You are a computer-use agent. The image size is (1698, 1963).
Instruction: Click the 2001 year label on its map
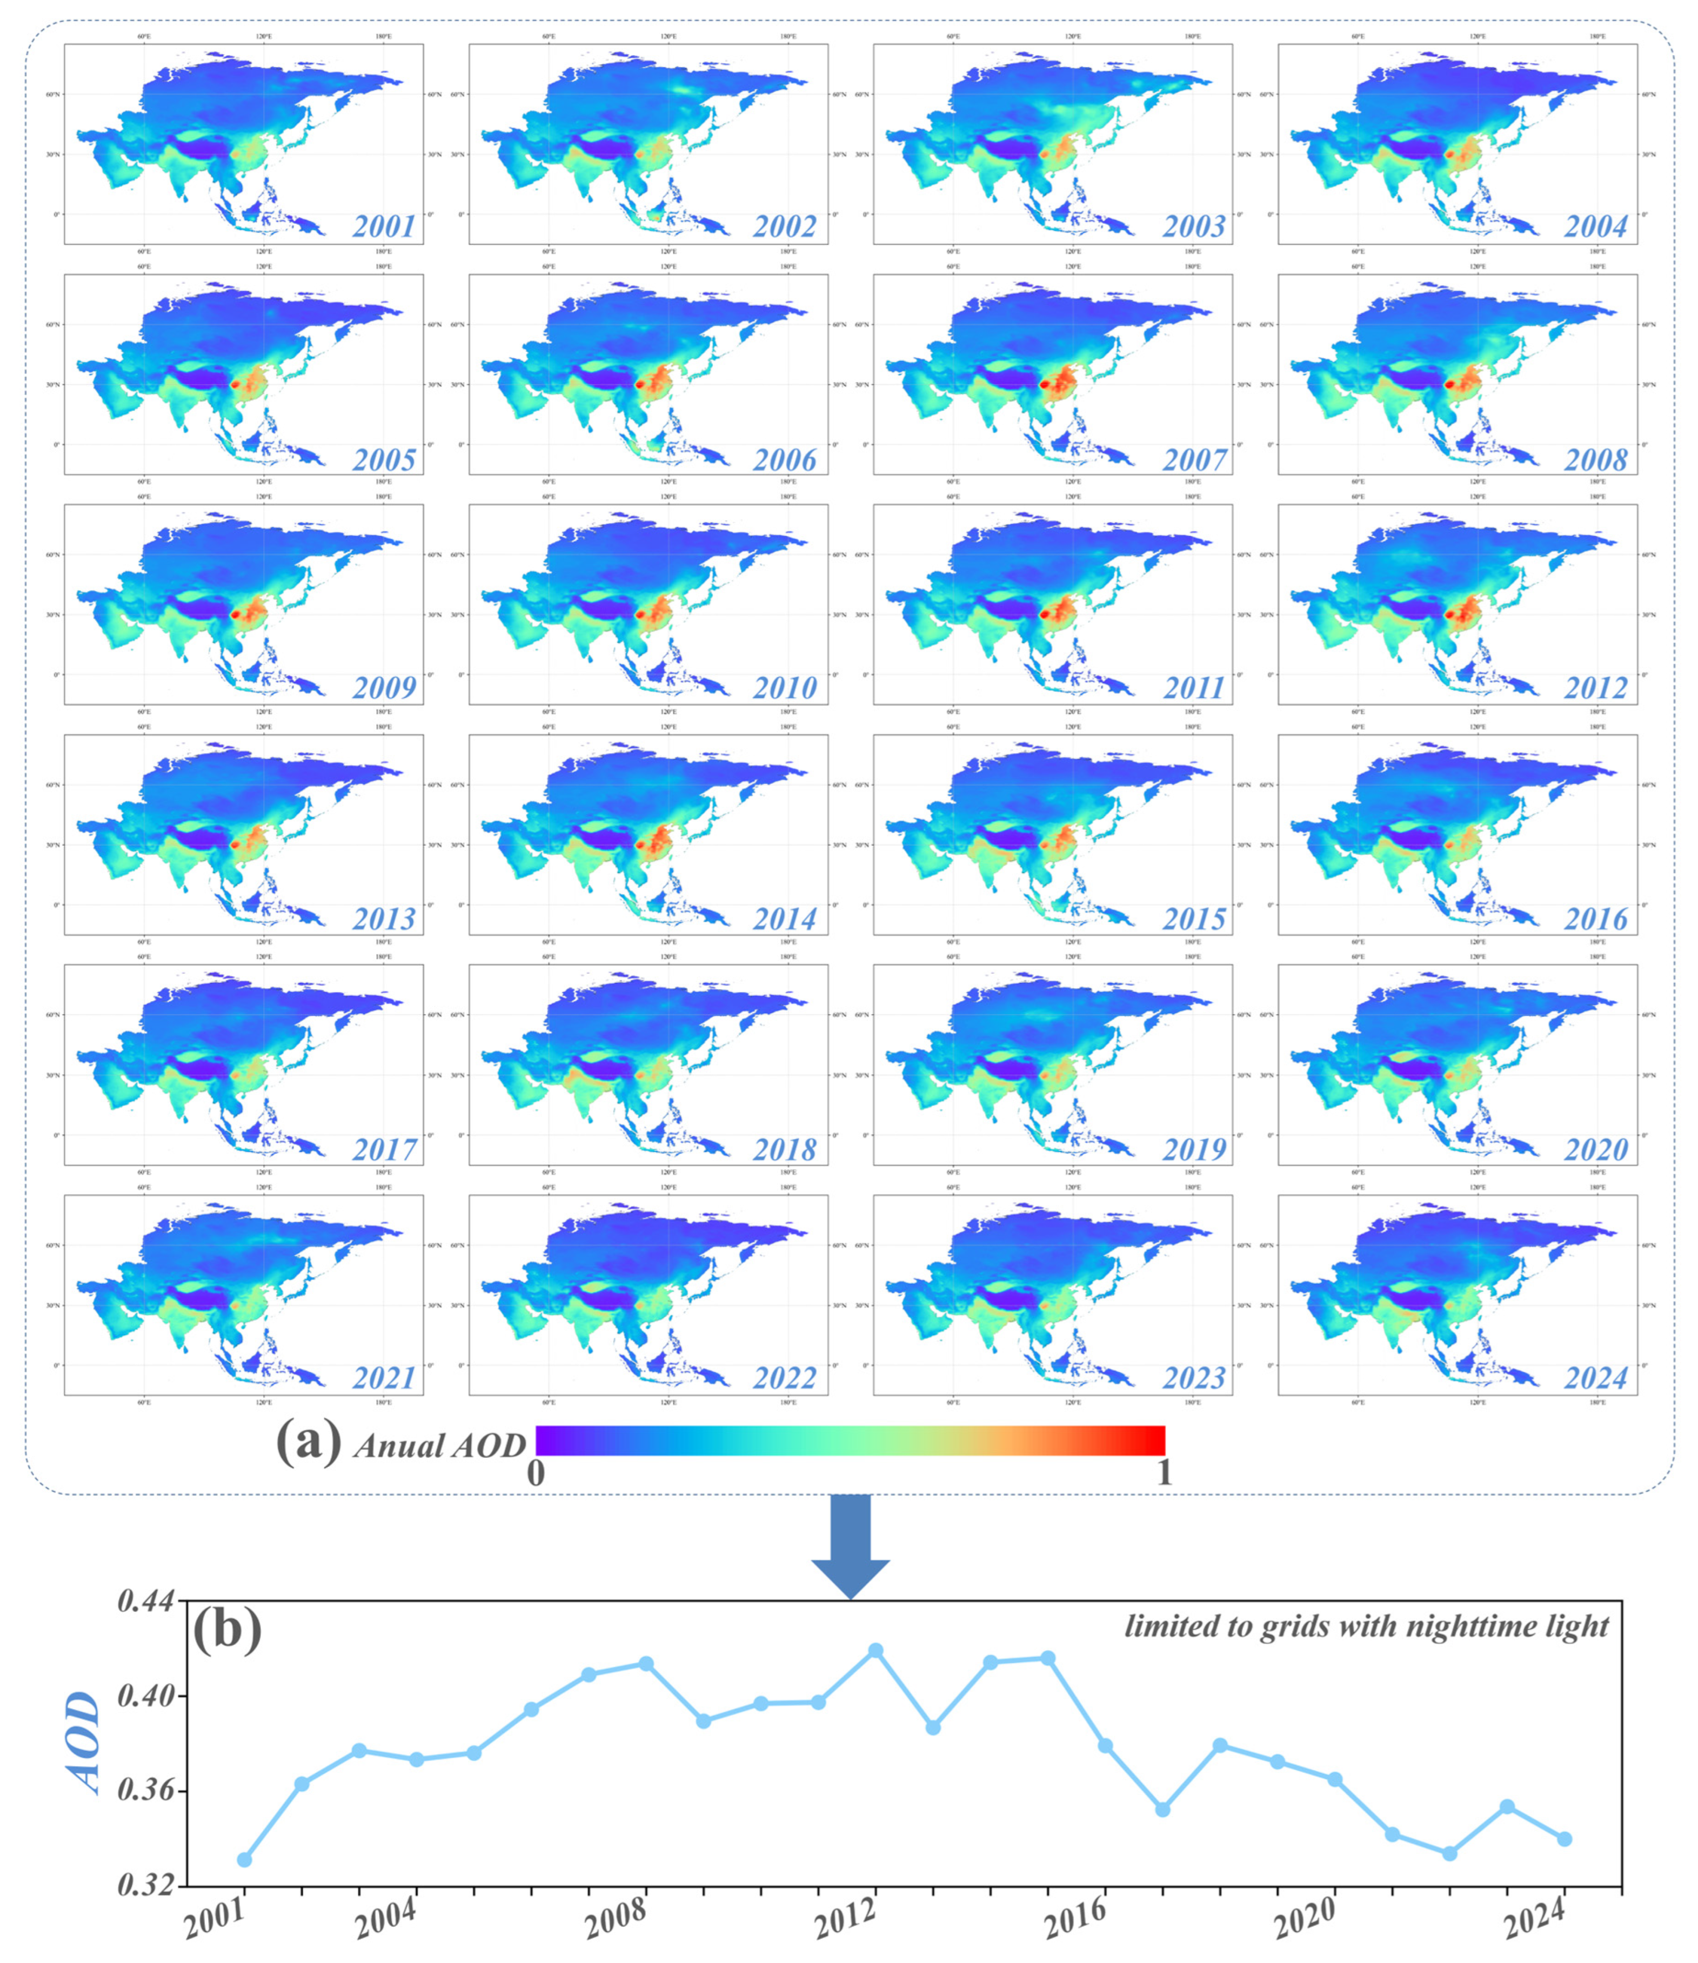tap(384, 226)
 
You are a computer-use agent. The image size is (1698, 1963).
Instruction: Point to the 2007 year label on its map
tap(1194, 460)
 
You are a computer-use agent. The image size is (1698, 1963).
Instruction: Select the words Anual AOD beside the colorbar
tap(439, 1446)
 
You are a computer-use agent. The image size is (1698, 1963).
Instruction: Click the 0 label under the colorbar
tap(536, 1473)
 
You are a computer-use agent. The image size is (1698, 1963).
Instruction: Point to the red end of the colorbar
tap(1151, 1440)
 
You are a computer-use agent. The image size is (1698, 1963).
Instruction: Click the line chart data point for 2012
tap(875, 1650)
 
